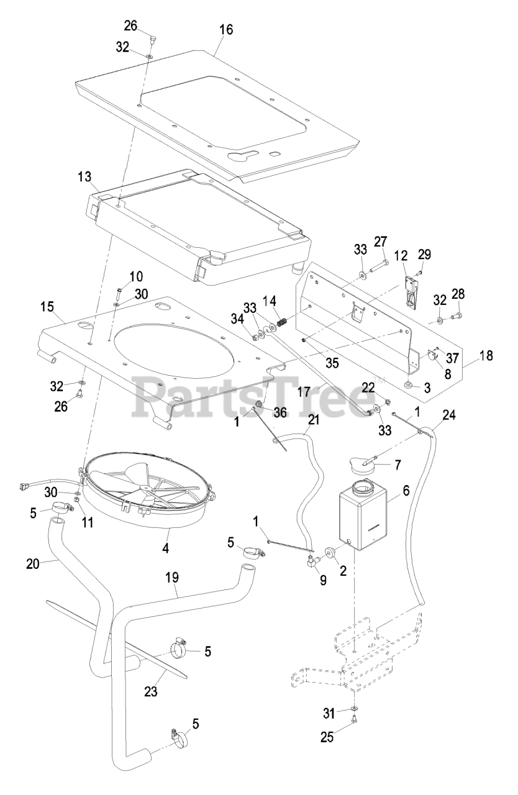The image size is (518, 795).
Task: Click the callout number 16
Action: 226,29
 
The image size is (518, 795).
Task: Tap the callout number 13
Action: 84,176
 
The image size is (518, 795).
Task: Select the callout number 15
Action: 48,307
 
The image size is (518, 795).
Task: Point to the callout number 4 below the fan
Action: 165,548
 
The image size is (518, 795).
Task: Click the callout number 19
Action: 171,577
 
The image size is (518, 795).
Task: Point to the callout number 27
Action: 381,242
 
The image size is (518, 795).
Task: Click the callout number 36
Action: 280,412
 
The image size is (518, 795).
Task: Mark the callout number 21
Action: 314,420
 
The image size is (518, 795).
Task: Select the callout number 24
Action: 449,414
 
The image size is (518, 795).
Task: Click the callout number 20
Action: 33,564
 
